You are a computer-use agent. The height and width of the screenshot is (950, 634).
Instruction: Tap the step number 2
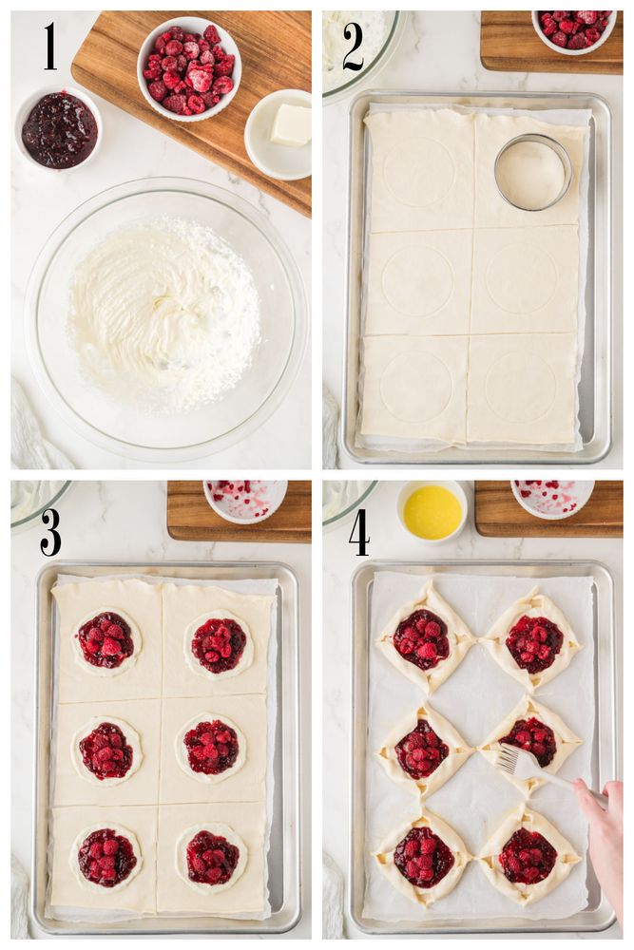click(x=353, y=47)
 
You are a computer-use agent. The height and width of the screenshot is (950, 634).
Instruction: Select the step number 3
click(x=50, y=532)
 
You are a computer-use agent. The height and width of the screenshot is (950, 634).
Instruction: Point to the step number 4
click(x=359, y=532)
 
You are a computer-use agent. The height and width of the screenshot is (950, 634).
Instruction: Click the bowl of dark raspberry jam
click(x=59, y=128)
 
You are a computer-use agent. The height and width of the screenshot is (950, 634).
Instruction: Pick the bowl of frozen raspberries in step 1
click(x=189, y=68)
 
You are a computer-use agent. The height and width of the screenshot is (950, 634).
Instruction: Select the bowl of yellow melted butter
click(x=432, y=512)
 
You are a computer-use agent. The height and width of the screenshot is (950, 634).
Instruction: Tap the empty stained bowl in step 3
click(x=245, y=501)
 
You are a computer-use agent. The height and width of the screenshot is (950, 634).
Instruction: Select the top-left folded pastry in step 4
click(x=424, y=638)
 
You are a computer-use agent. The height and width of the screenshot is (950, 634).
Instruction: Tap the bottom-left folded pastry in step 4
click(x=424, y=856)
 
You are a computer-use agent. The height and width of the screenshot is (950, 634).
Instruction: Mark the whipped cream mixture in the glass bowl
click(x=164, y=315)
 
